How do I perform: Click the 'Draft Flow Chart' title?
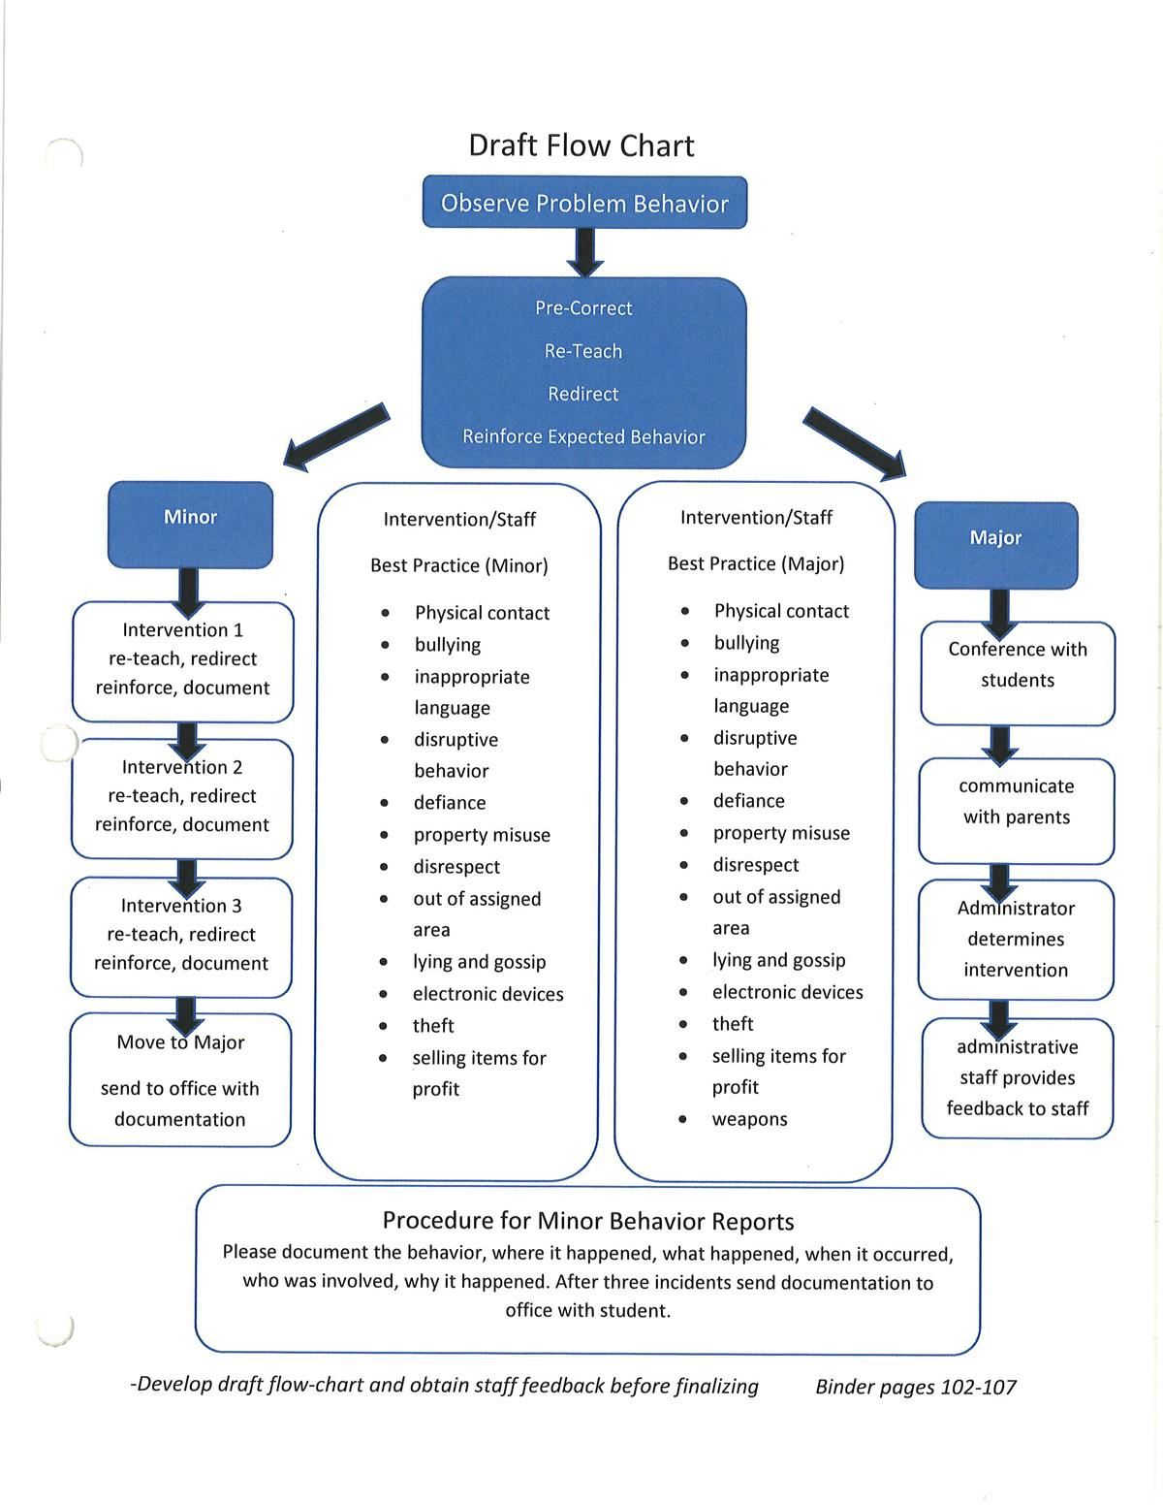coord(581,145)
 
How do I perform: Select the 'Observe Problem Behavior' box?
coord(584,203)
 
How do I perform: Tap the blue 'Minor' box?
coord(190,524)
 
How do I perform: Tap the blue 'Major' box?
coord(995,544)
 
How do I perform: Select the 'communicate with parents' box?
coord(1017,810)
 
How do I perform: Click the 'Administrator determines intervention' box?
coord(1016,939)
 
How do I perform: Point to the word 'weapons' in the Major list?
coord(749,1119)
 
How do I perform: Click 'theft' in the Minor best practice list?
coord(433,1026)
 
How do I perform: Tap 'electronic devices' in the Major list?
coord(787,992)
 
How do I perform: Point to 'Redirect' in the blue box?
coord(582,394)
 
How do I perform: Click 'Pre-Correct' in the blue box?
coord(583,308)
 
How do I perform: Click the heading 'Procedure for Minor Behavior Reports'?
coord(588,1221)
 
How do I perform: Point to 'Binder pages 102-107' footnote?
coord(916,1387)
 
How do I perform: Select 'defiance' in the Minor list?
coord(450,803)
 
